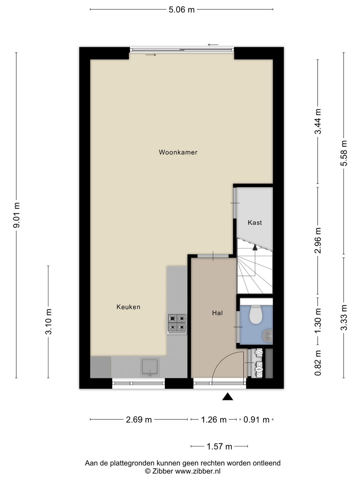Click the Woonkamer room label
[x=178, y=152]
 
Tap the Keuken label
[x=128, y=307]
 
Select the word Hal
[x=217, y=313]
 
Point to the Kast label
[x=255, y=223]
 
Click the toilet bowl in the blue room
[x=256, y=315]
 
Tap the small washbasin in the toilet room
[x=268, y=336]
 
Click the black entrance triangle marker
[x=228, y=396]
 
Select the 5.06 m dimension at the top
[x=181, y=10]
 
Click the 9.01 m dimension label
[x=17, y=215]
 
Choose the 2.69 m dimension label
[x=139, y=420]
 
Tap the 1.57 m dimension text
[x=219, y=447]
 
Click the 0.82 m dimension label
[x=318, y=363]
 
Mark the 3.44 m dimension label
[x=318, y=121]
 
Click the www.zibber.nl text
[x=198, y=471]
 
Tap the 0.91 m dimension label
[x=256, y=420]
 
